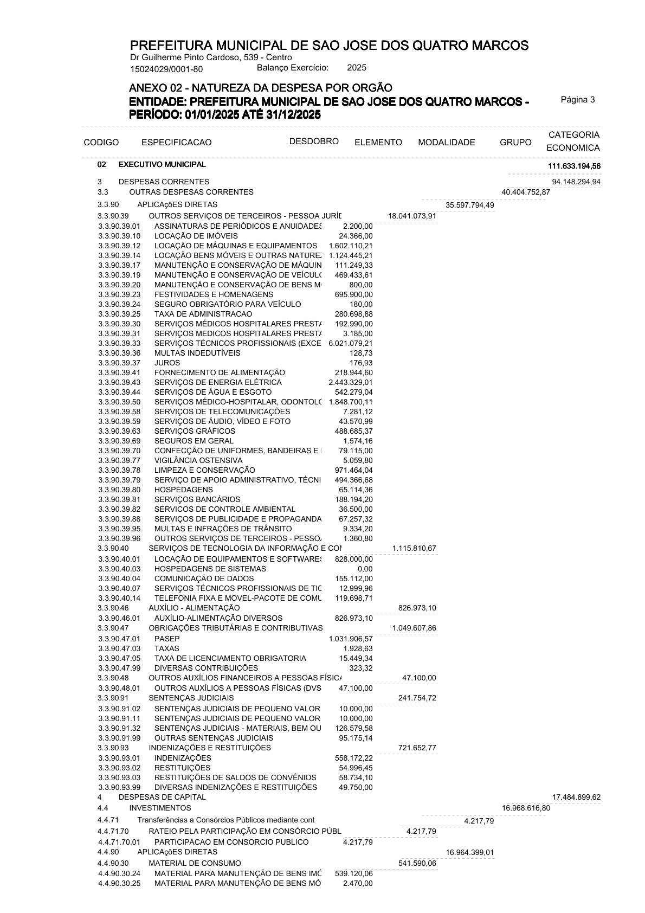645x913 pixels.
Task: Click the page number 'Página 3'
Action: [578, 100]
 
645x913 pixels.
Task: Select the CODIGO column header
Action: [101, 143]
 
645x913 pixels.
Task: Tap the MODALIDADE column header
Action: [446, 143]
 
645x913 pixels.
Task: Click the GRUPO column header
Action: [515, 143]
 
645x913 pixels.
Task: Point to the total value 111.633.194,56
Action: [574, 165]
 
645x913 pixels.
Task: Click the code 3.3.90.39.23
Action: [119, 294]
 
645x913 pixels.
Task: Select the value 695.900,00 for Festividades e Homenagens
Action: [353, 294]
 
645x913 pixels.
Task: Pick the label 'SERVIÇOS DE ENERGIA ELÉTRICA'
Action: [218, 382]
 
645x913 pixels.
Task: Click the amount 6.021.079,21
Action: [350, 343]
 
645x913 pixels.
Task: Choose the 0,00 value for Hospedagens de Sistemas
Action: [365, 569]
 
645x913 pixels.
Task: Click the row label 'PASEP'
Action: [167, 639]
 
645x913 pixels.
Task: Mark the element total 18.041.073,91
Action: [412, 216]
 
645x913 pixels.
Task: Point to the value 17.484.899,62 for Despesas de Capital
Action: [576, 797]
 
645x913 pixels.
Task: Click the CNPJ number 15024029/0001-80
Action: [166, 69]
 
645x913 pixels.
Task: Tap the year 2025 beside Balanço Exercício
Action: [357, 68]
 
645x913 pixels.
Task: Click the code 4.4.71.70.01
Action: [119, 842]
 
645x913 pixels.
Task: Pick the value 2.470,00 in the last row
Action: [358, 883]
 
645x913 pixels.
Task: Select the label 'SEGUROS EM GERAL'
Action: [194, 441]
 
